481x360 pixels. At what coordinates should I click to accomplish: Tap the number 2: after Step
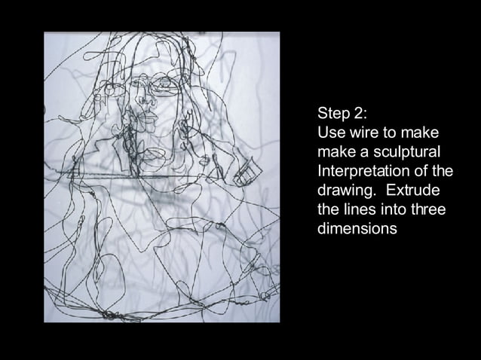360,114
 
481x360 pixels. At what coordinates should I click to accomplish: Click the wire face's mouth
149,120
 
